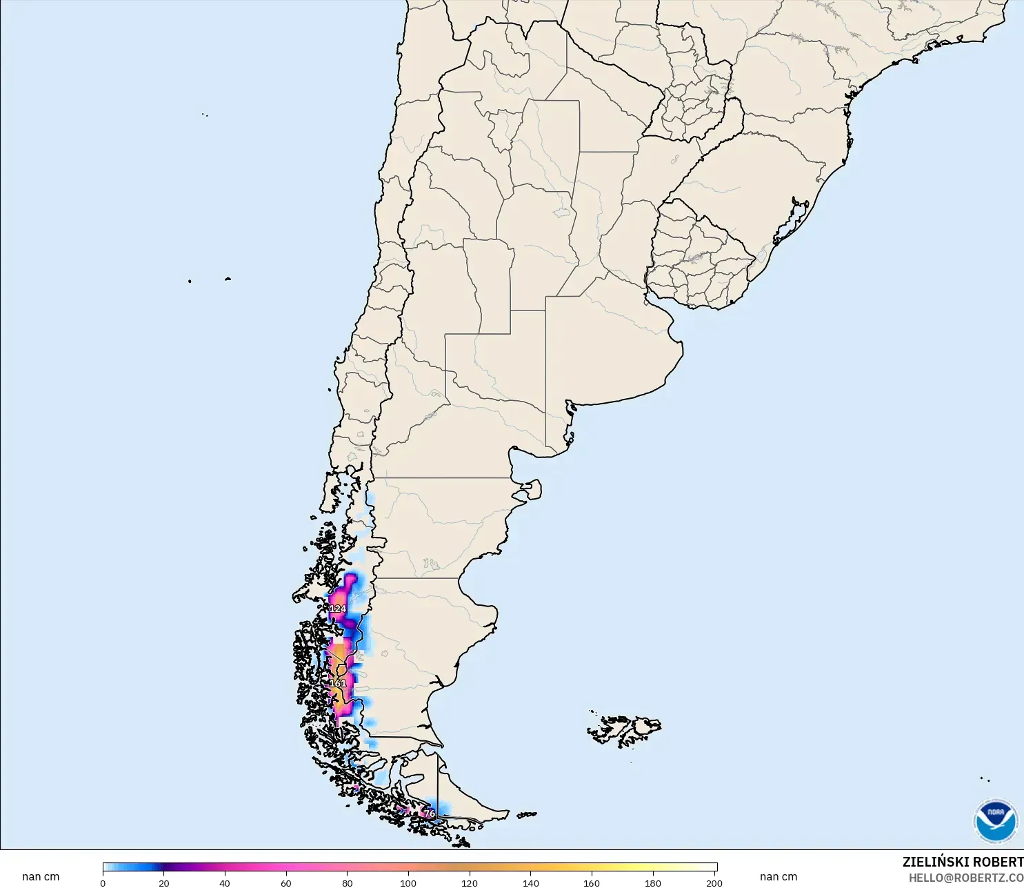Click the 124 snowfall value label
pos(338,609)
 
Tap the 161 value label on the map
pos(338,683)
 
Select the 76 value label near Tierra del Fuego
pos(430,813)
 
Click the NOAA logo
pos(995,821)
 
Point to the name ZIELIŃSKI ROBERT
pos(963,862)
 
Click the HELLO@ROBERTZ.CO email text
pos(965,878)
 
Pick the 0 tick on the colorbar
pos(103,882)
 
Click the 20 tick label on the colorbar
pos(164,882)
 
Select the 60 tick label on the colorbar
pos(286,882)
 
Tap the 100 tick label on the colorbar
pos(408,882)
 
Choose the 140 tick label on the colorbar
pos(531,882)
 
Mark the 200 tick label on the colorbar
pos(714,882)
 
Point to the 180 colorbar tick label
pos(653,882)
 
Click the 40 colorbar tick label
pos(225,882)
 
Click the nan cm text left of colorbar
pos(41,877)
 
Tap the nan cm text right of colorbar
pos(779,877)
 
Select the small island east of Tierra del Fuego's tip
pos(527,815)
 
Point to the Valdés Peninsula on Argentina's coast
pos(530,491)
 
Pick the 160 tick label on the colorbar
pos(592,882)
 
